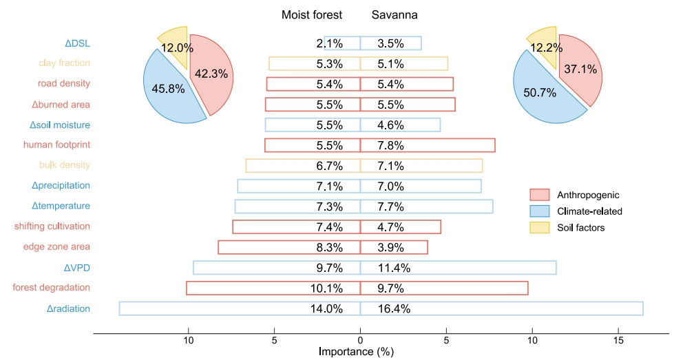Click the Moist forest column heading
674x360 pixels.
pos(312,15)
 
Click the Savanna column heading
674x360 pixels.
pos(394,15)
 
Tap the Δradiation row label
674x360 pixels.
pos(68,308)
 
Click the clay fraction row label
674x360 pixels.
pos(64,63)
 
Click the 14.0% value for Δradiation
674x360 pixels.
pos(326,308)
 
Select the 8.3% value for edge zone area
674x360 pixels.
pos(329,247)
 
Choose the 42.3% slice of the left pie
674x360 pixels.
pos(211,74)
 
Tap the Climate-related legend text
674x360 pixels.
pos(589,211)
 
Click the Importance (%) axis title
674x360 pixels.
pos(356,352)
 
